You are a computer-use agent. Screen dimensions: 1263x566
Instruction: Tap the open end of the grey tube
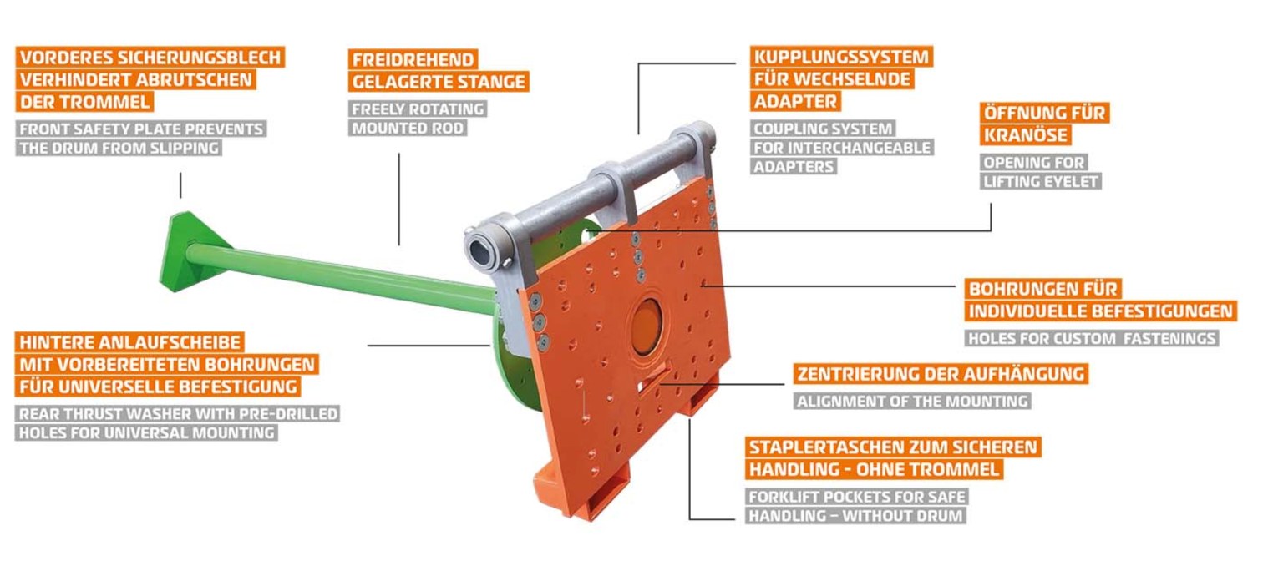tap(482, 249)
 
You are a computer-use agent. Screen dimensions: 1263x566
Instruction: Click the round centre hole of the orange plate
tap(646, 328)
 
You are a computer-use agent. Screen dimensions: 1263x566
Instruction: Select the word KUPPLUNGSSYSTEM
tap(841, 57)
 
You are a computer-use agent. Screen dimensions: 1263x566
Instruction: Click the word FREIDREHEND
tap(413, 60)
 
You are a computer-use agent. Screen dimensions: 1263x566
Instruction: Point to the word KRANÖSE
tap(1025, 135)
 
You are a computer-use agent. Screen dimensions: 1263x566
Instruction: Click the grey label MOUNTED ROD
tap(407, 128)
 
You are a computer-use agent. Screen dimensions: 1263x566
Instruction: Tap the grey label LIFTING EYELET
tap(1040, 181)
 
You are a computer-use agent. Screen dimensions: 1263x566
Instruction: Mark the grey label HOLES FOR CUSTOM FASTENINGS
tap(1092, 339)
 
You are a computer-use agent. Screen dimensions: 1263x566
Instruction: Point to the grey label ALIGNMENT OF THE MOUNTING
tap(912, 402)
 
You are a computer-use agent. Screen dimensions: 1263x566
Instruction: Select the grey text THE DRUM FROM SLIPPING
tap(119, 149)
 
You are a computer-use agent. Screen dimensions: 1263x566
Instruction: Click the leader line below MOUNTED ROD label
tap(399, 199)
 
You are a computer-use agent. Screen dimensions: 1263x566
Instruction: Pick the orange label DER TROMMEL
tap(84, 102)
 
